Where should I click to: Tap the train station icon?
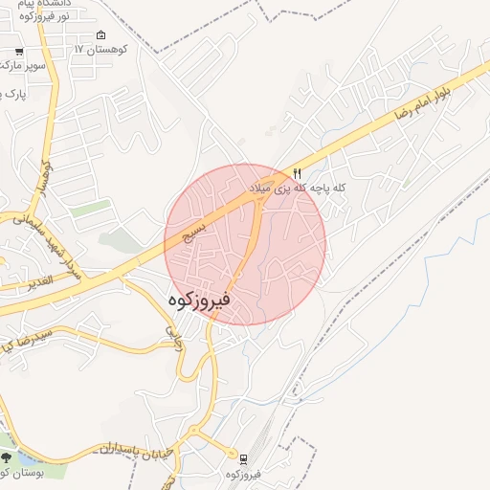[242, 459]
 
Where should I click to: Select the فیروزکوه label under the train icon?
[244, 475]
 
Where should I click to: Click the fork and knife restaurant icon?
[298, 173]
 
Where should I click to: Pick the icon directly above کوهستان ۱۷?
[102, 34]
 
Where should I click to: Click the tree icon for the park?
[8, 458]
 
